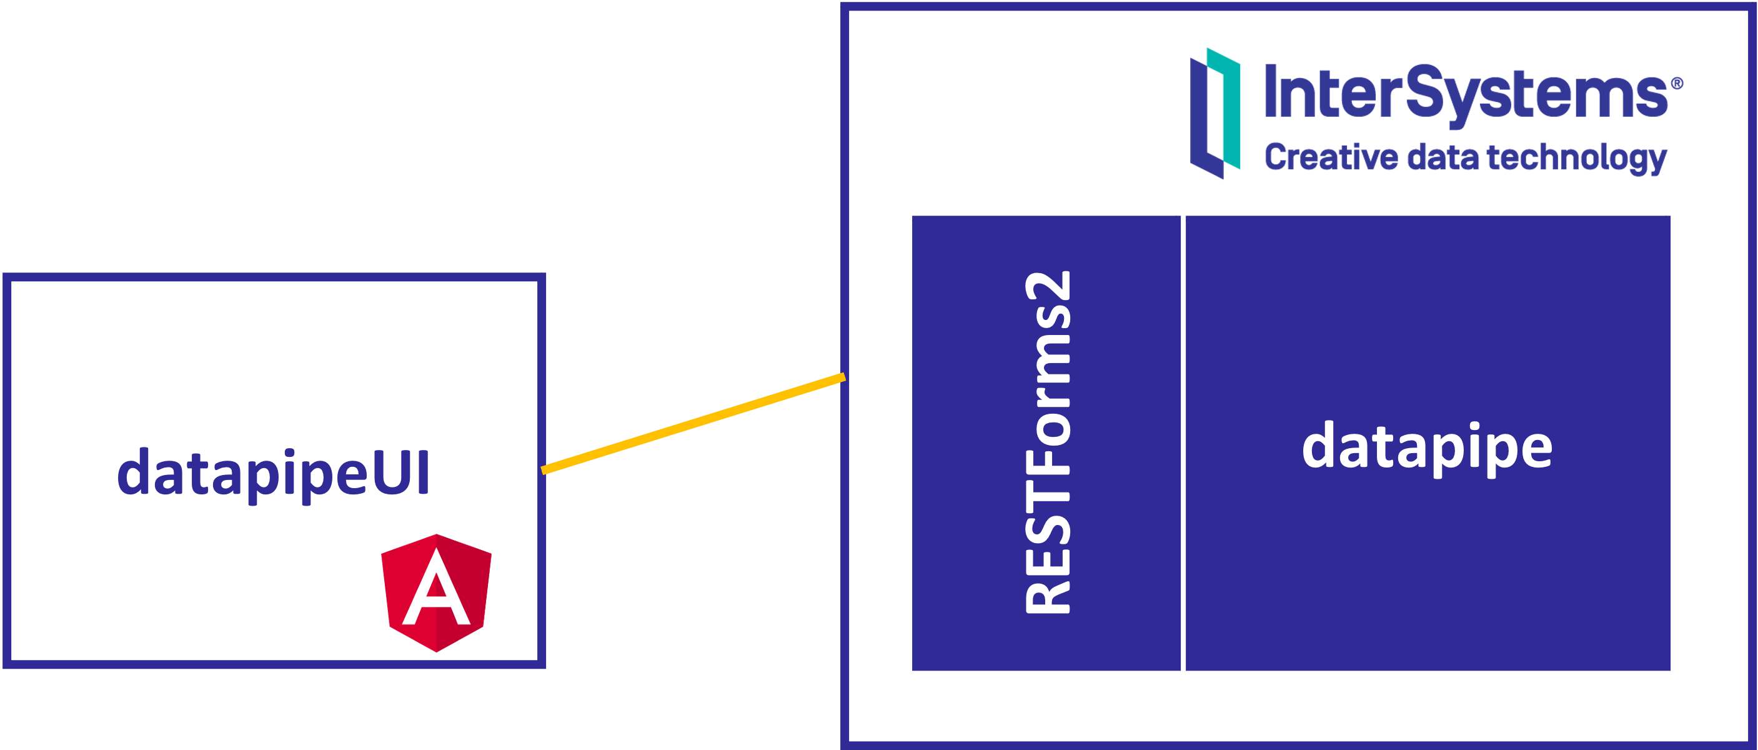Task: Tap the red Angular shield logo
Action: point(437,592)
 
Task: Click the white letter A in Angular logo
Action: point(437,590)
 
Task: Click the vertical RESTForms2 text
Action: point(1048,444)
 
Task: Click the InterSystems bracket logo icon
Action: point(1214,113)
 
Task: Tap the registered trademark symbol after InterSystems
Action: point(1677,84)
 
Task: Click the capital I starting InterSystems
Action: point(1271,91)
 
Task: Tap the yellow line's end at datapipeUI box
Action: point(544,469)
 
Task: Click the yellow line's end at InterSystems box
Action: point(843,377)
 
